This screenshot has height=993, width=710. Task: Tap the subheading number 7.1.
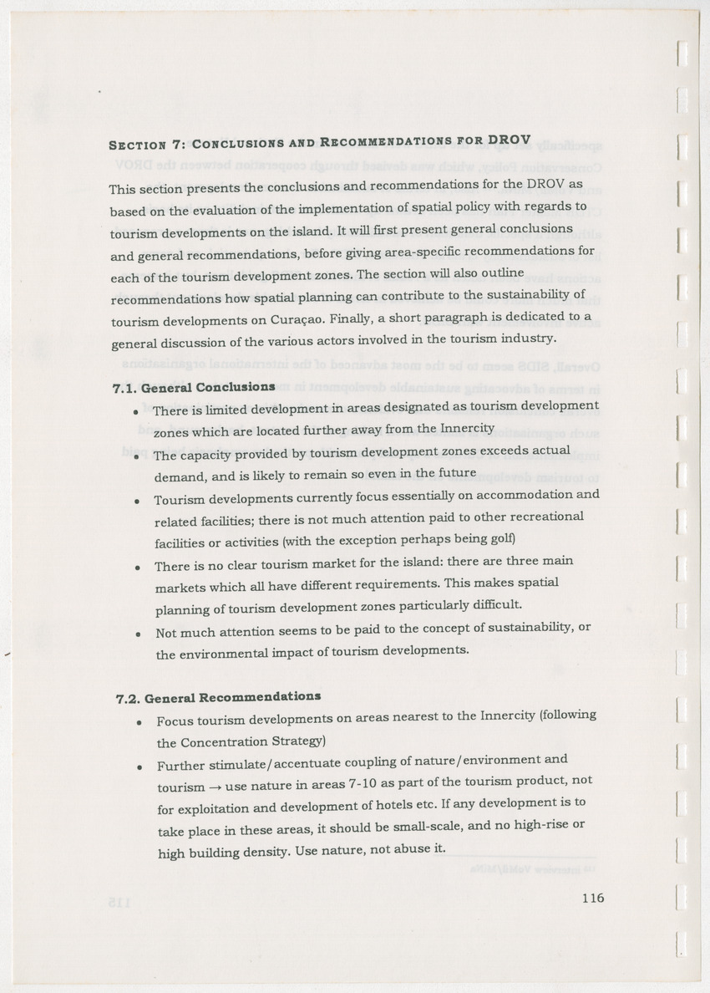(x=124, y=389)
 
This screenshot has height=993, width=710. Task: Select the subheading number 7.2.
(x=129, y=697)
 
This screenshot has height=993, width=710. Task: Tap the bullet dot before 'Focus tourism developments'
(x=139, y=721)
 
